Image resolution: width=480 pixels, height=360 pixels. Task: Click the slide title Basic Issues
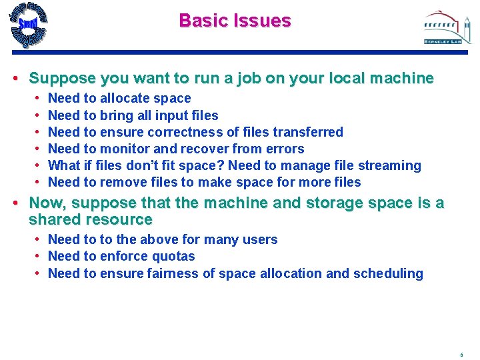coord(235,21)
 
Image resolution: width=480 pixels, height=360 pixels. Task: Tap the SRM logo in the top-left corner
coord(29,25)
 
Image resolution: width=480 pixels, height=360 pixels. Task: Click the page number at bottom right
coord(461,354)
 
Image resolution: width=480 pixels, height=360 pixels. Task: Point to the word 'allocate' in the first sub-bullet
coord(125,99)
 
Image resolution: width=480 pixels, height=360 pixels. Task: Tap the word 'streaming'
coord(391,165)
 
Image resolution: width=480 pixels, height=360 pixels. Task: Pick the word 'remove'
coord(123,182)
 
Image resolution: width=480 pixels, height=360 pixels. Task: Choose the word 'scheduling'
coord(389,273)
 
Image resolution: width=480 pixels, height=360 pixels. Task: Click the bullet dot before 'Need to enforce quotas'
coord(40,257)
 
